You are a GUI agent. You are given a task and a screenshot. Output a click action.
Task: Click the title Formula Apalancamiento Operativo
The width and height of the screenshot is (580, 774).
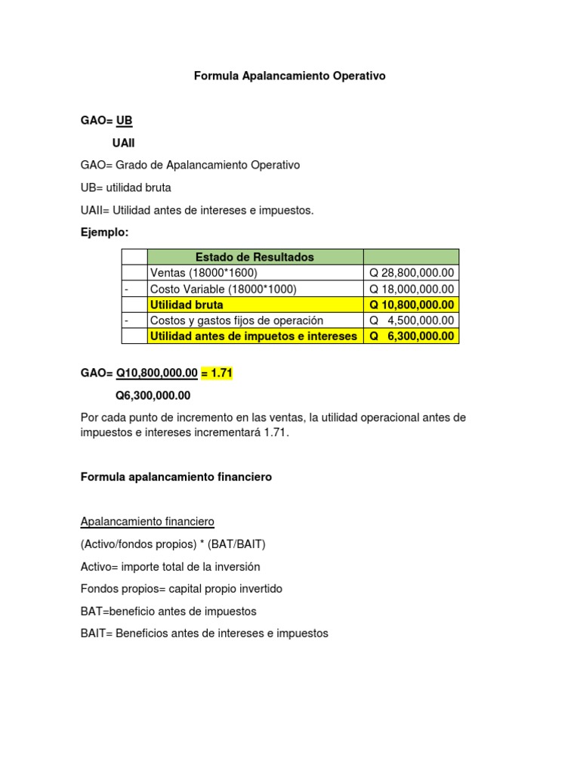tap(290, 76)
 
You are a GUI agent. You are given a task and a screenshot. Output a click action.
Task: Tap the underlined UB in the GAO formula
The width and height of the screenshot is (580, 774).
tap(124, 120)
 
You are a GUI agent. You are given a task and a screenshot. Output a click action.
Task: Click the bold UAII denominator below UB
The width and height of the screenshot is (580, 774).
tap(124, 143)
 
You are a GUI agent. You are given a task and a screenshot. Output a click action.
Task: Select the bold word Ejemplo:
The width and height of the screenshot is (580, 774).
tap(105, 232)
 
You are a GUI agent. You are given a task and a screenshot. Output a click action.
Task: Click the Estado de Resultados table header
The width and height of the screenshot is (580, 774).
tap(255, 257)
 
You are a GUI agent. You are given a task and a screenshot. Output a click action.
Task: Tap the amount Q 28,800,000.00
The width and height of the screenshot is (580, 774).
tap(412, 273)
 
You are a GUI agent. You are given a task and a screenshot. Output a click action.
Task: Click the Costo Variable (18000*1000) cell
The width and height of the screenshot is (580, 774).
tap(224, 289)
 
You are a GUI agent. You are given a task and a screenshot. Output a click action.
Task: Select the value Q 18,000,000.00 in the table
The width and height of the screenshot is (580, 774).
tap(412, 289)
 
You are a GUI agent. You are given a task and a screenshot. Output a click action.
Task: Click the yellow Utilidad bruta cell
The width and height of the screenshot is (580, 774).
tap(187, 305)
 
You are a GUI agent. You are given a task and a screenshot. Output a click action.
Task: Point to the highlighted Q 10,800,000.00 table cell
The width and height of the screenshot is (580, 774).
tap(412, 305)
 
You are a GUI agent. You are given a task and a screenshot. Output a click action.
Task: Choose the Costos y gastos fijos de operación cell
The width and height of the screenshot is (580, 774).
tap(236, 320)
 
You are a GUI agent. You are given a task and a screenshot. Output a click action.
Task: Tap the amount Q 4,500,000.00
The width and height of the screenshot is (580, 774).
tap(412, 320)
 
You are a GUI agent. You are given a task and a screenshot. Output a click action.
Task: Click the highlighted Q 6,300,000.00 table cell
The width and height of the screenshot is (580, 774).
tap(412, 336)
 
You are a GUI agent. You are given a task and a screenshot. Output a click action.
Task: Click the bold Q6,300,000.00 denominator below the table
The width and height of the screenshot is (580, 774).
tap(153, 395)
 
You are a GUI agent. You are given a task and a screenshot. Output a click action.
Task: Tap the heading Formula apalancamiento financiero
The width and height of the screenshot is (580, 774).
tap(176, 477)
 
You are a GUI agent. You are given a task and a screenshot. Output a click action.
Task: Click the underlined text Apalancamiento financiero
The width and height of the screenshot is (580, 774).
tap(147, 522)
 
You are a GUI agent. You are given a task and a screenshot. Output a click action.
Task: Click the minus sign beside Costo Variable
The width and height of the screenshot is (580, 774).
tap(126, 289)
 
